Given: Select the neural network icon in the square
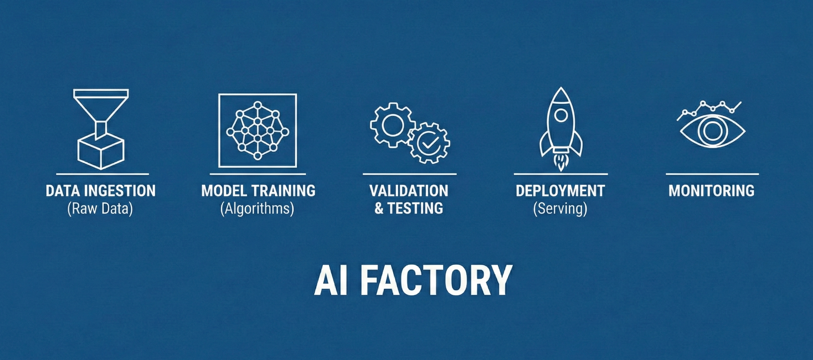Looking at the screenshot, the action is click(x=257, y=130).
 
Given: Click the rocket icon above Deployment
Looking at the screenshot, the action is click(x=561, y=126).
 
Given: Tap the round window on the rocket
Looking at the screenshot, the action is click(x=561, y=115).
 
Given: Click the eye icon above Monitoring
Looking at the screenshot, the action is click(x=712, y=131).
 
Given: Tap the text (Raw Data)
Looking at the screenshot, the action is click(x=100, y=209).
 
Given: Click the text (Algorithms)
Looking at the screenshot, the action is click(x=257, y=209).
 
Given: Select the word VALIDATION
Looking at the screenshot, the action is click(x=409, y=191).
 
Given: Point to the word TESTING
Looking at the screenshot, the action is click(x=415, y=209).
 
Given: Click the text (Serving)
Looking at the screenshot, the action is click(x=560, y=209).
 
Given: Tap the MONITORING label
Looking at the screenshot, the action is click(x=711, y=191).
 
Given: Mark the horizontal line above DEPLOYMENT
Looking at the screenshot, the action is click(x=561, y=174).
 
